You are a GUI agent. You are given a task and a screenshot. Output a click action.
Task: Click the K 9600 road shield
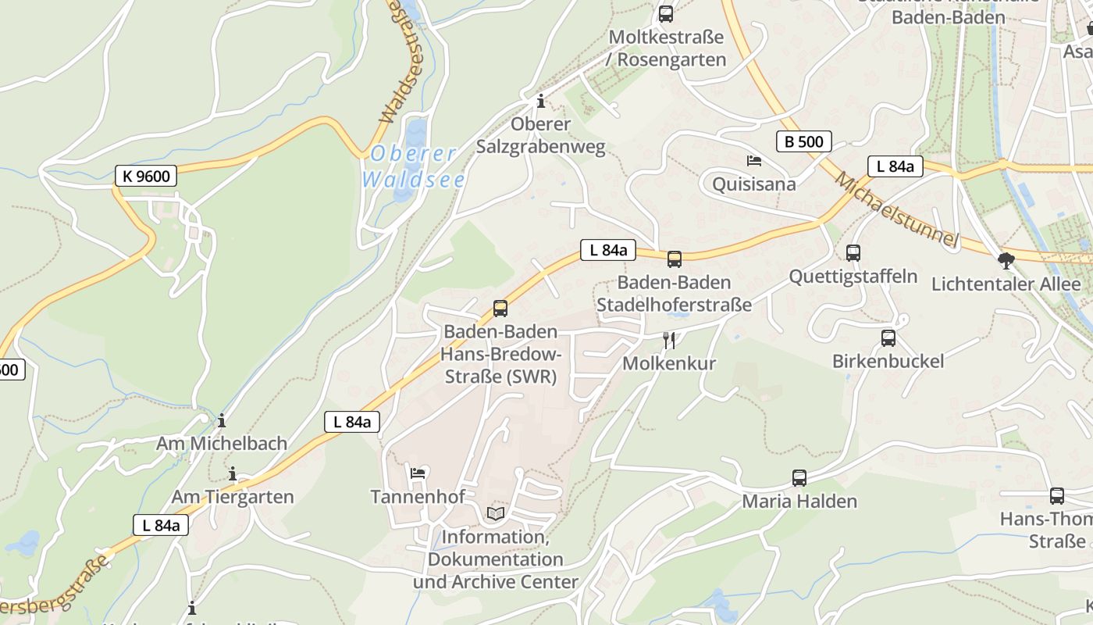point(146,176)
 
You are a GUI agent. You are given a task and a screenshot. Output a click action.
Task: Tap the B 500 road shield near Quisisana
point(803,141)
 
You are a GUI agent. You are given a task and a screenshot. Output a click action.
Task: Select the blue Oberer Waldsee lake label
point(413,166)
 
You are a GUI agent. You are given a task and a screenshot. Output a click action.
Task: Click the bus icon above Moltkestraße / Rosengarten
point(665,13)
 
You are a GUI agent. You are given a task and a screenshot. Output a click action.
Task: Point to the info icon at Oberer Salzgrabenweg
point(540,102)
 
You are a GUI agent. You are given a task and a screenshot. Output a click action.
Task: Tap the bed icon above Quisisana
point(753,161)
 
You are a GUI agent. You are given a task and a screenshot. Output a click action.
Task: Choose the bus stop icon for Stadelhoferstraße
point(674,259)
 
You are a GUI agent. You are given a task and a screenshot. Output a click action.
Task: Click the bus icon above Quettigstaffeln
point(853,253)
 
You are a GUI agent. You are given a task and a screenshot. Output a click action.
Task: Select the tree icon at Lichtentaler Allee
point(1006,261)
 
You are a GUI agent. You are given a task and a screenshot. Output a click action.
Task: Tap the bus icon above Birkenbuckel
point(888,338)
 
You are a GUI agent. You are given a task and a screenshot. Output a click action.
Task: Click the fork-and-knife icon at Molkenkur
point(668,340)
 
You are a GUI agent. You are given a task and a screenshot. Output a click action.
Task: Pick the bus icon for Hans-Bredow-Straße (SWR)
point(500,309)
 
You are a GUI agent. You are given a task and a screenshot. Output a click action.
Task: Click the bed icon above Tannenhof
point(418,473)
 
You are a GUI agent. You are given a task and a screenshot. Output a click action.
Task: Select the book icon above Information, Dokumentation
point(495,513)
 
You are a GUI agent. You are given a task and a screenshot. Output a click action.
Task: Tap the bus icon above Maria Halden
point(799,478)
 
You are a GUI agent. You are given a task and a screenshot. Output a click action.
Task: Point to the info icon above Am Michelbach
point(222,421)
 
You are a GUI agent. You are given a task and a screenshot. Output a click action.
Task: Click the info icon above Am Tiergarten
point(232,474)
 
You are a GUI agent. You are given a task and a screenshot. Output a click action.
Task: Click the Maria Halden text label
point(799,502)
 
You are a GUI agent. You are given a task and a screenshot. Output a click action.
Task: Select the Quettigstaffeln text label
point(853,277)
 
